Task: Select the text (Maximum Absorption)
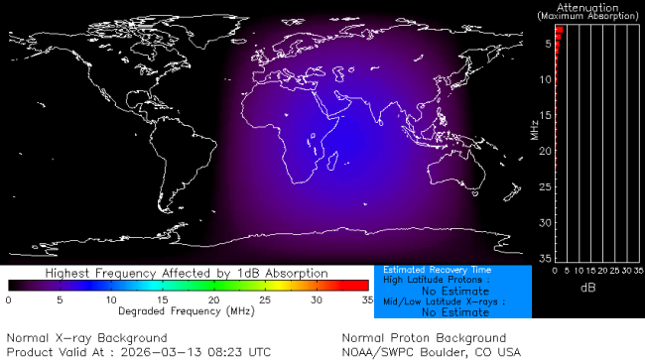(x=589, y=17)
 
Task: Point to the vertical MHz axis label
(x=533, y=130)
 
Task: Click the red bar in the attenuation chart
(x=559, y=32)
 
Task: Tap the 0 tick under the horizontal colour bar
(x=8, y=299)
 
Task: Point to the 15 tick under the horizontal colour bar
(x=162, y=299)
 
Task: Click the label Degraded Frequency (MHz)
(x=188, y=310)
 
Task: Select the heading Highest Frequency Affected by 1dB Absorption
(x=188, y=273)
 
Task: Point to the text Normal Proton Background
(x=424, y=337)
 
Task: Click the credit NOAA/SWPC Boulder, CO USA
(x=431, y=352)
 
